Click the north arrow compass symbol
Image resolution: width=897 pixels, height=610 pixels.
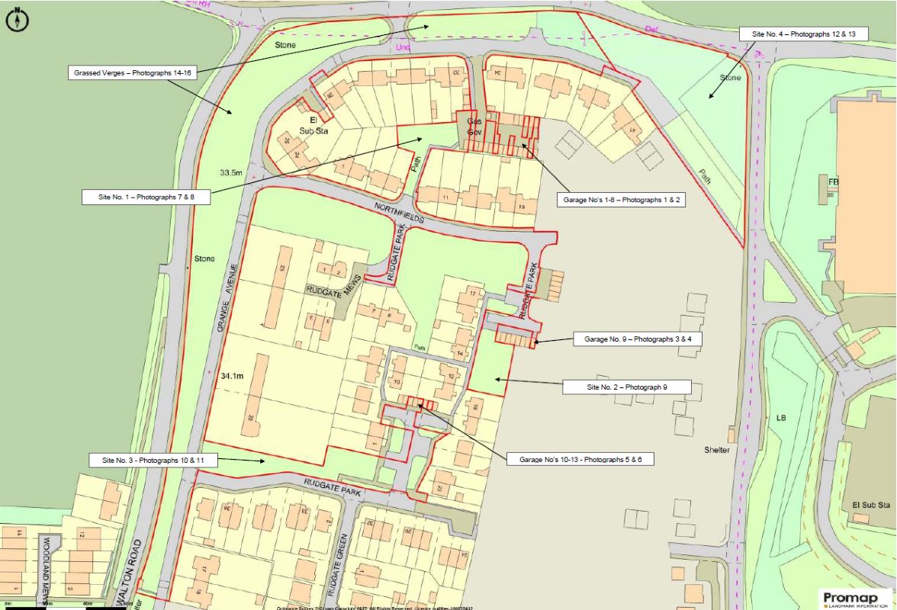tap(17, 20)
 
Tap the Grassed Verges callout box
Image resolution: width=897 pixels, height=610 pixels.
tap(133, 73)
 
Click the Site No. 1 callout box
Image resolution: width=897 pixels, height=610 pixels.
tap(146, 197)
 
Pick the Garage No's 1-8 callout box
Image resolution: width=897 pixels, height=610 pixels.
tap(617, 199)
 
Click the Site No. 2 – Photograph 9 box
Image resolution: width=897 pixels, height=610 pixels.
tap(627, 387)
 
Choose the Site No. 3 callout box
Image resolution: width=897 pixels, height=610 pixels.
tap(154, 461)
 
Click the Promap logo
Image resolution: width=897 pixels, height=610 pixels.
tap(856, 598)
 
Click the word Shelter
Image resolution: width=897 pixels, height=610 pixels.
tap(716, 450)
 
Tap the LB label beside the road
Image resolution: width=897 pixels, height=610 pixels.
tap(780, 419)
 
